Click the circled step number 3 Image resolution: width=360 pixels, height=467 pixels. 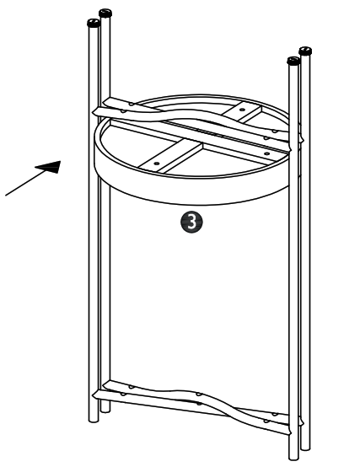[x=191, y=222]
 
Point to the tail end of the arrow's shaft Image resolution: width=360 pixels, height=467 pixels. [x=6, y=196]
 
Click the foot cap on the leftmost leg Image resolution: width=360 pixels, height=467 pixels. [x=94, y=23]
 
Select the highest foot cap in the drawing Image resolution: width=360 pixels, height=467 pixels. [x=105, y=13]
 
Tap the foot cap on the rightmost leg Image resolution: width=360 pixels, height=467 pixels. [x=305, y=51]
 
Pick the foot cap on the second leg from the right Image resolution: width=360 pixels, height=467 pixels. [x=293, y=61]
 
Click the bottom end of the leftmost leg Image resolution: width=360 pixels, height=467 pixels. [x=94, y=420]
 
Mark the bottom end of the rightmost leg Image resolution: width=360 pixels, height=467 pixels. [x=305, y=448]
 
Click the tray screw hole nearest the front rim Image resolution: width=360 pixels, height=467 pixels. [x=157, y=164]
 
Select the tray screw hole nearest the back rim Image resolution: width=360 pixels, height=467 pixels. [x=242, y=110]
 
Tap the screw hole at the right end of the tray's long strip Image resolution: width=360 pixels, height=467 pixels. [x=267, y=153]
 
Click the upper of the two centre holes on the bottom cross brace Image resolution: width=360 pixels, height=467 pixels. [x=199, y=395]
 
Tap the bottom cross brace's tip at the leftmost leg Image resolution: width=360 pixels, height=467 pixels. [x=94, y=396]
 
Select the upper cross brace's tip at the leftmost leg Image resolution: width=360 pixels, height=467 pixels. [x=94, y=111]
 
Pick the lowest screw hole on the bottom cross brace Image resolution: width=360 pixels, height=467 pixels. [x=266, y=421]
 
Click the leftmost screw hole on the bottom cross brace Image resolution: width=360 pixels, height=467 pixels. [x=123, y=394]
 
